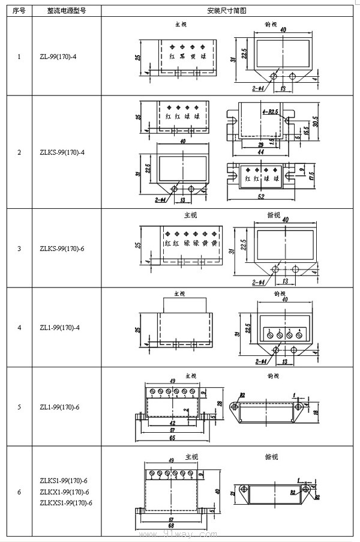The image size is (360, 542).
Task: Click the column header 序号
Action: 19,11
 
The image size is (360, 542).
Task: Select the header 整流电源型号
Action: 66,11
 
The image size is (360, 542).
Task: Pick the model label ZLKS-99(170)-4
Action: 62,152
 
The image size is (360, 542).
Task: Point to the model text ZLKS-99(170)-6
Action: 62,248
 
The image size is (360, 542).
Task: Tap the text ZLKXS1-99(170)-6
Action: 66,502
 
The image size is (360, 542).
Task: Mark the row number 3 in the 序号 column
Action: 19,248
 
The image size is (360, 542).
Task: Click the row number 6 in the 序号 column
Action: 19,492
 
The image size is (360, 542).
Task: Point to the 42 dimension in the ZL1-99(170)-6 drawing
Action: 172,423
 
